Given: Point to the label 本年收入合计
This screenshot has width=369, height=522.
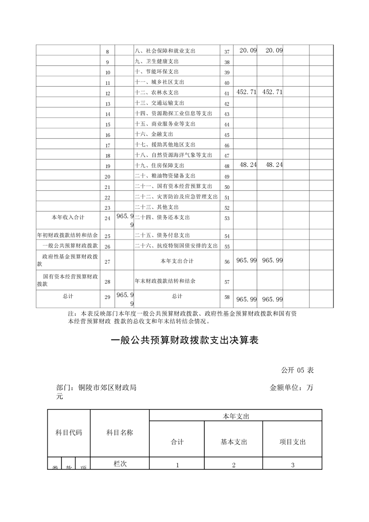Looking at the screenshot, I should tap(67, 217).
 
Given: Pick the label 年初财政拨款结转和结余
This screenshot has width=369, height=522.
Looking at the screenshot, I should tap(67, 236).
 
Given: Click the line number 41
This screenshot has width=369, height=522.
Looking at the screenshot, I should tap(227, 93).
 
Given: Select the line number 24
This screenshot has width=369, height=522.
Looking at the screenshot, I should tap(107, 218).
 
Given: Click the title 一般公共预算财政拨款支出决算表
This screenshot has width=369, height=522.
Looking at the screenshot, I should tap(184, 341).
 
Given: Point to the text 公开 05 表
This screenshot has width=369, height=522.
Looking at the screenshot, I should tap(297, 370).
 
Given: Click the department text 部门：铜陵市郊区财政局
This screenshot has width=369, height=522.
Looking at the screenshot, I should tap(96, 388).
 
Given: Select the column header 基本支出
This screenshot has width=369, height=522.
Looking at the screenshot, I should tap(234, 442).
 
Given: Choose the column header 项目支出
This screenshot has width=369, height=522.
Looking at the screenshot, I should tap(293, 442).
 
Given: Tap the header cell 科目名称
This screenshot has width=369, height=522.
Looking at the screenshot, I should tap(120, 433).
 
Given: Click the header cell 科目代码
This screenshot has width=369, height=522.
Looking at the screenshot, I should tap(69, 433).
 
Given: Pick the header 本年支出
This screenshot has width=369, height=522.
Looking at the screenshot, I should tap(236, 416).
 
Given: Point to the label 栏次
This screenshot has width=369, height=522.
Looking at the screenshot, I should tap(120, 464).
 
